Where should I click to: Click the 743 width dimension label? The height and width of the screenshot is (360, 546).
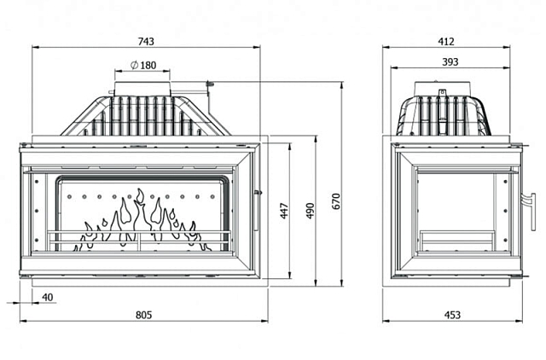[146, 42]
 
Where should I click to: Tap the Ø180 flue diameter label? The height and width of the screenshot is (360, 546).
[143, 65]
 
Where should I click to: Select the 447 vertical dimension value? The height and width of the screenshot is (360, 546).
[284, 211]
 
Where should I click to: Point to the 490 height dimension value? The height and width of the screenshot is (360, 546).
[311, 211]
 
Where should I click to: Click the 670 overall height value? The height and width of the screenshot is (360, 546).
[336, 201]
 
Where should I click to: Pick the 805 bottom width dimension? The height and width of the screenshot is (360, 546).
[144, 315]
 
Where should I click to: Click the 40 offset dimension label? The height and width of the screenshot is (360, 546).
[48, 298]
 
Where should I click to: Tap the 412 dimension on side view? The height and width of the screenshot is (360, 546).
[446, 42]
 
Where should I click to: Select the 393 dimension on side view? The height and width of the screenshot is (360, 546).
[450, 62]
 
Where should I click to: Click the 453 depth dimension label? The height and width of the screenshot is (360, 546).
[452, 315]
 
